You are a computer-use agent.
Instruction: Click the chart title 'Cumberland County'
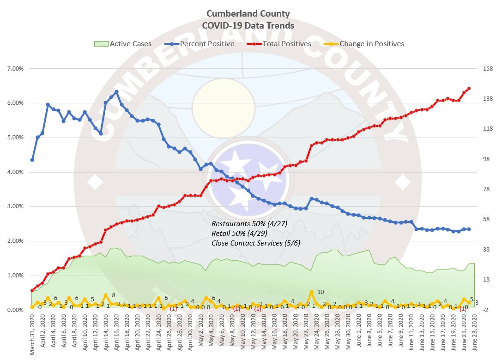(x=248, y=13)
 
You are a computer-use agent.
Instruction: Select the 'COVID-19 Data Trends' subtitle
(x=248, y=25)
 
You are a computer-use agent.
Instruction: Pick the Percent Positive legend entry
(x=200, y=44)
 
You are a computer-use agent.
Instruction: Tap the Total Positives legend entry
(x=280, y=44)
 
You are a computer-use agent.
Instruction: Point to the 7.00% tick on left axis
(x=15, y=69)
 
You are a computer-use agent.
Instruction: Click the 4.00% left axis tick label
(x=15, y=172)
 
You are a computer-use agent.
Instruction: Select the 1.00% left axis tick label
(x=15, y=276)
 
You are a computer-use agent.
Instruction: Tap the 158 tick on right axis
(x=484, y=69)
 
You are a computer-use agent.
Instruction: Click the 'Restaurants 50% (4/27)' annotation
(x=249, y=223)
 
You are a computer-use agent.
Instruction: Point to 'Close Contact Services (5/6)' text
(x=256, y=243)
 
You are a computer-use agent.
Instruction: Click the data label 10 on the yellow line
(x=321, y=292)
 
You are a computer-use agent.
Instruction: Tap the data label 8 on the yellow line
(x=113, y=295)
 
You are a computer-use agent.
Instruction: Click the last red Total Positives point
(x=469, y=88)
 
